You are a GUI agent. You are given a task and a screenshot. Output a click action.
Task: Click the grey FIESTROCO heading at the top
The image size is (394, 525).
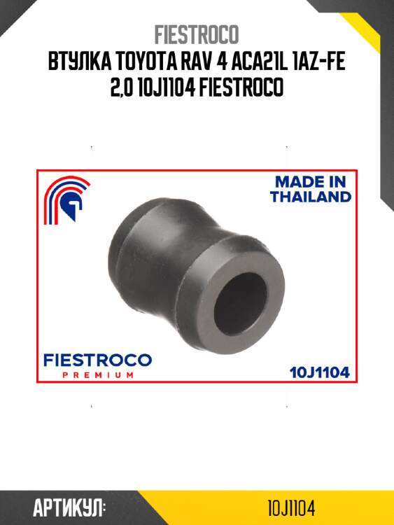pos(197,34)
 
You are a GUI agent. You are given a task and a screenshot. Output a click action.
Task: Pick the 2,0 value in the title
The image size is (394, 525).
pos(122,87)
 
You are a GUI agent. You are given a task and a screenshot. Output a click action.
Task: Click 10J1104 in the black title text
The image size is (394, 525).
pos(167,87)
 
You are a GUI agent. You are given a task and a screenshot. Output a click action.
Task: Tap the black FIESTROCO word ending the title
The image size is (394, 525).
pos(241,87)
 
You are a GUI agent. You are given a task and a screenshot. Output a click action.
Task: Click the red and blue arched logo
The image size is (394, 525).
pos(67,200)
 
